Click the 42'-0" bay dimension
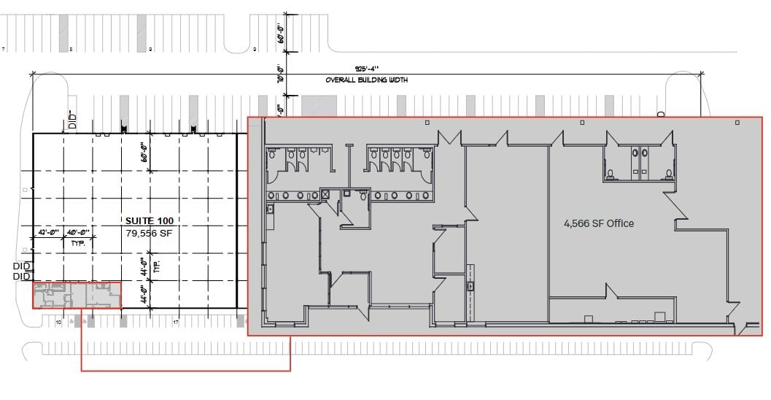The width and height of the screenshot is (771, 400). (48, 232)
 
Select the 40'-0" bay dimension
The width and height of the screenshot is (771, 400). (77, 232)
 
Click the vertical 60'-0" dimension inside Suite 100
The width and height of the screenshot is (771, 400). (145, 153)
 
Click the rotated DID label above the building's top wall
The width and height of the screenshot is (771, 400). (72, 120)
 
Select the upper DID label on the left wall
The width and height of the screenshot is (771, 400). (21, 267)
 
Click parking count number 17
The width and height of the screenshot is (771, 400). (176, 320)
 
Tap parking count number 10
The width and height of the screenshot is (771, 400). (58, 320)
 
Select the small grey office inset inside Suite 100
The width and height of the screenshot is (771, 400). (77, 296)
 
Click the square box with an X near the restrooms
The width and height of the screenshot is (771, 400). (327, 195)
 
